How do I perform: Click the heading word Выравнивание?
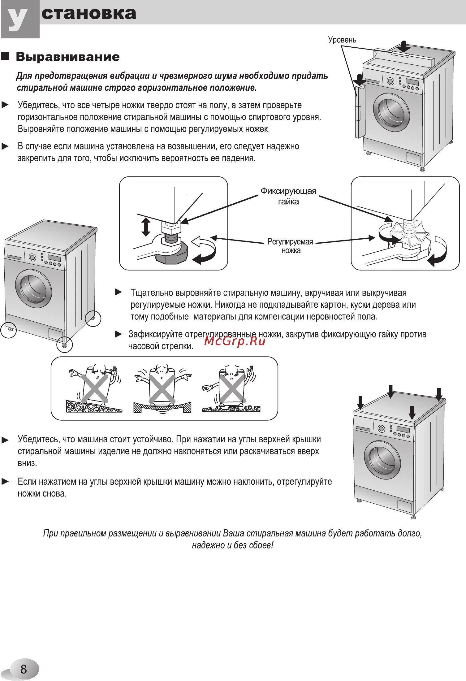coord(68,57)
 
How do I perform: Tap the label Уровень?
coord(342,40)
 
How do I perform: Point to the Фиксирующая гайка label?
coord(288,196)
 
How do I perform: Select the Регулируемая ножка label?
coord(290,246)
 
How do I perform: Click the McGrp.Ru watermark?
coord(235,341)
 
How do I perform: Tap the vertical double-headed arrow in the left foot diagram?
coord(146,227)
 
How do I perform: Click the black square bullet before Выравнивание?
coord(5,56)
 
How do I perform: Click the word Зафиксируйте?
coord(155,334)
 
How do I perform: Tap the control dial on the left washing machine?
coord(32,257)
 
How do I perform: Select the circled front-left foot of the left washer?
coord(8,329)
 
